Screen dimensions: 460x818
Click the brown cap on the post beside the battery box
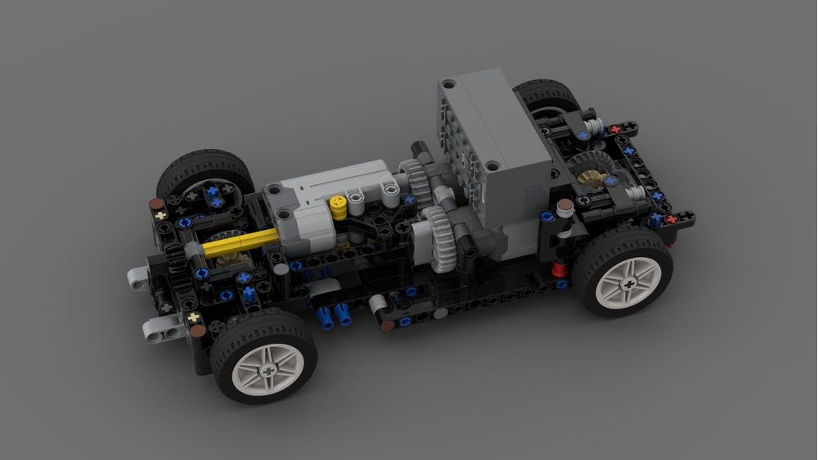(564, 205)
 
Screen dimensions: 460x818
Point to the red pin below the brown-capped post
(559, 268)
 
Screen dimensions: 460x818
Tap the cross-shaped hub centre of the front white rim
(267, 370)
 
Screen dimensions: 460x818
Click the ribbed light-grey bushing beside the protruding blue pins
(377, 306)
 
